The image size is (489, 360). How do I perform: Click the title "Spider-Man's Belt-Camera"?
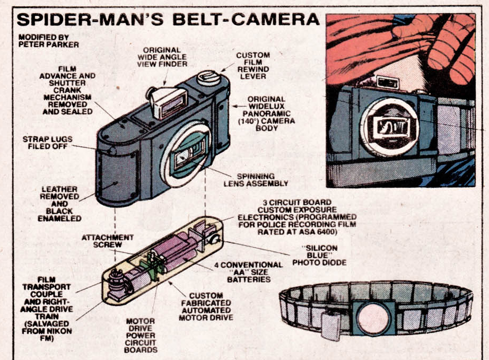(x=168, y=20)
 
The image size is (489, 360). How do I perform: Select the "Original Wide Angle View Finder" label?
(x=164, y=57)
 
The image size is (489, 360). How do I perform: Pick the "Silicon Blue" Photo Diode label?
(x=318, y=255)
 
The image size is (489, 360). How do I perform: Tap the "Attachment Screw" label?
(x=107, y=241)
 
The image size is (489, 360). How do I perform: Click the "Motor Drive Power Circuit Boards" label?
(x=141, y=336)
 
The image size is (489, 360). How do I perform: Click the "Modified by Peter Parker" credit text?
(x=41, y=41)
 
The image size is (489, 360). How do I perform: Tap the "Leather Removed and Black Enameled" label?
(x=64, y=203)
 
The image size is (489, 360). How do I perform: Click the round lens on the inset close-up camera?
(x=389, y=127)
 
